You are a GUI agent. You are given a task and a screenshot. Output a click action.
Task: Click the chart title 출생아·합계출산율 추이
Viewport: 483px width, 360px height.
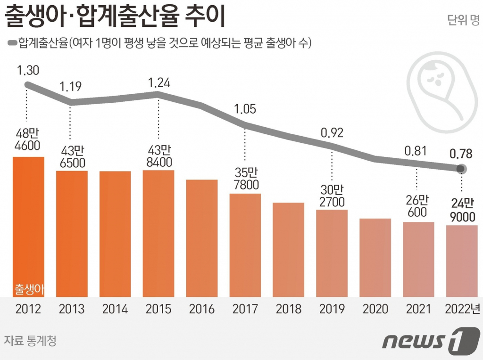click(116, 17)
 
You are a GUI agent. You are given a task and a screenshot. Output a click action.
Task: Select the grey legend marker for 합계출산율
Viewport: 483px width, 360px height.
click(12, 43)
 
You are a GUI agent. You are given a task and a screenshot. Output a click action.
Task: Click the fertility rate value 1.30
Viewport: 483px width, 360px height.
click(28, 71)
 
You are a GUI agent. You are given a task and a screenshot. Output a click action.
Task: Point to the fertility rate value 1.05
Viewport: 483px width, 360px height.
click(245, 109)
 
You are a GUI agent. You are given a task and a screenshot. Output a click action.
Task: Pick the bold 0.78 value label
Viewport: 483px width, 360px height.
click(462, 154)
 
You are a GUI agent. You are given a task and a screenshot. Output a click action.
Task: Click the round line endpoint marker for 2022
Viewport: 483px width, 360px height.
click(462, 169)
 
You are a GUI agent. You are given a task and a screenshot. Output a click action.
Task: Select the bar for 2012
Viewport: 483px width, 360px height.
click(28, 226)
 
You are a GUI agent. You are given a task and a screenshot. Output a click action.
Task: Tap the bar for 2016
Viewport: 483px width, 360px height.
click(202, 238)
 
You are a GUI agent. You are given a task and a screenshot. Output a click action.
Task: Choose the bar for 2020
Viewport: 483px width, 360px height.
click(375, 257)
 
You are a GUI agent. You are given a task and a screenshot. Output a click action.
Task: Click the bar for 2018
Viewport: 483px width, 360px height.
click(289, 250)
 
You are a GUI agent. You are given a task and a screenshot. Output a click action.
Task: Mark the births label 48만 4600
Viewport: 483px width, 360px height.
click(28, 139)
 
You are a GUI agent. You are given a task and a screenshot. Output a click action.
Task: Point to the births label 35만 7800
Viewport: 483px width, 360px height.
click(245, 179)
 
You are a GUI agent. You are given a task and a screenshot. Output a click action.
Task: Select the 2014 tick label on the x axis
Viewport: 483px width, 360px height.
click(115, 309)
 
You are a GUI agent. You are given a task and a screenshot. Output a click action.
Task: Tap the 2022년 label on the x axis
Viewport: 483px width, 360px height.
click(462, 309)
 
